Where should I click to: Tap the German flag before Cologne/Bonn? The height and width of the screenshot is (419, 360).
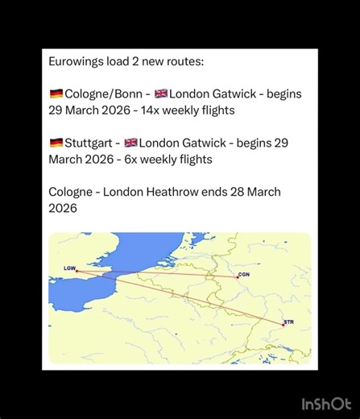coord(56,93)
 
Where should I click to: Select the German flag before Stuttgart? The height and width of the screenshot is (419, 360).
coord(56,143)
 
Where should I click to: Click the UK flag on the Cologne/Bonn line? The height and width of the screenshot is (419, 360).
coord(161,93)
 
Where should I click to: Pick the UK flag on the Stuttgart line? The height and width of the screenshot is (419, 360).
coord(130,143)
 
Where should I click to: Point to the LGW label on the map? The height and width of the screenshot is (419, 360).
coord(69,267)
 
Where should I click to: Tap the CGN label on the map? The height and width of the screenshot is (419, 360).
coord(244,275)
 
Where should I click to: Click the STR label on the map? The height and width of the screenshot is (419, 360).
coord(289,322)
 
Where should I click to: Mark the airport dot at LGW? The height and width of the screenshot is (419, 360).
coord(77,271)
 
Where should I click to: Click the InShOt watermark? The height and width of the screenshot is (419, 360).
coord(325,403)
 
